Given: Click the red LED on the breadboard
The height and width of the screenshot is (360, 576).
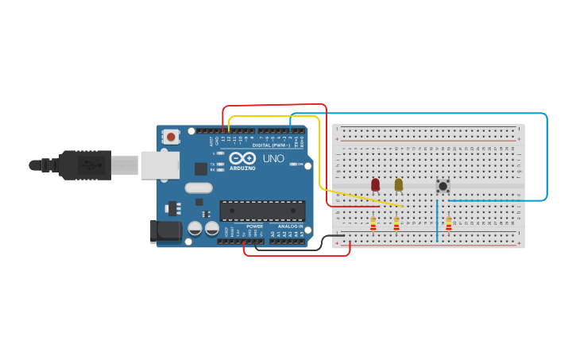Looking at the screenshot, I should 375,184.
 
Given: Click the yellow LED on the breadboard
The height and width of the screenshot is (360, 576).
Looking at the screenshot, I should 398,184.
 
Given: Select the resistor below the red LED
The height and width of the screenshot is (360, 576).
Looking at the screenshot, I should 373,224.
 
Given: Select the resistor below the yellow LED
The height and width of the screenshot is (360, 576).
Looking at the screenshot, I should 396,224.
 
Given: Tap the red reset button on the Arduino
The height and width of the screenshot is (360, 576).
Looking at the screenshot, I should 171,137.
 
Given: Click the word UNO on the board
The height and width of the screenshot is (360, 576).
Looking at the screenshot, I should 273,159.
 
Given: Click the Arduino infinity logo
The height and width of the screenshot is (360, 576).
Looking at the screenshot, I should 242,157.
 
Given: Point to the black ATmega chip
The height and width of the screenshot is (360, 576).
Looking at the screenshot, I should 262,211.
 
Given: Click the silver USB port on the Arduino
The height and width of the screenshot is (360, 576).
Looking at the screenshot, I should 160,165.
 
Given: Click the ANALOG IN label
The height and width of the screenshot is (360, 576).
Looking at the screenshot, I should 290,226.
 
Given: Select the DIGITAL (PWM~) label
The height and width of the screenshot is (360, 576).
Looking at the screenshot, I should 270,145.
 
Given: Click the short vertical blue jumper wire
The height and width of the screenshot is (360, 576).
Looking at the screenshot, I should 436,220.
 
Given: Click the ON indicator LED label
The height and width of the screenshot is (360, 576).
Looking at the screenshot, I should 301,165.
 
